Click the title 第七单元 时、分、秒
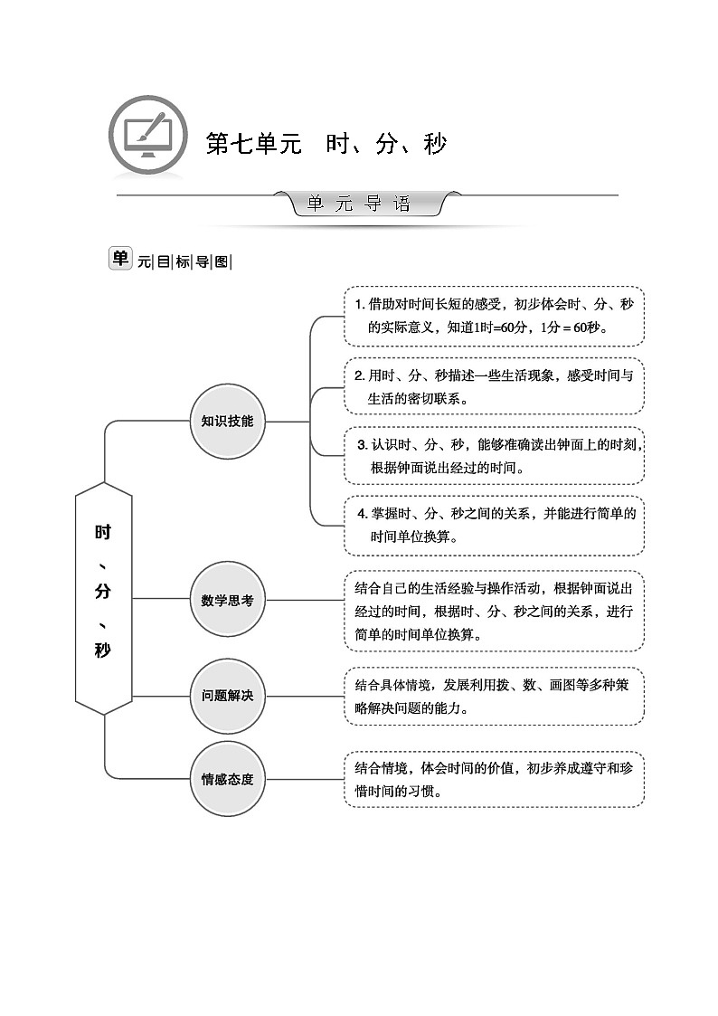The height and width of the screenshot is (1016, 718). [326, 144]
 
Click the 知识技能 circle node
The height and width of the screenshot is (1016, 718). [227, 421]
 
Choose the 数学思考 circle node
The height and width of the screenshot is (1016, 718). [227, 599]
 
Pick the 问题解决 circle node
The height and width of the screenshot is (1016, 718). [227, 696]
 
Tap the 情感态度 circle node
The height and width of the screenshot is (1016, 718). [227, 778]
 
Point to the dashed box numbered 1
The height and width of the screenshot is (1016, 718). [494, 316]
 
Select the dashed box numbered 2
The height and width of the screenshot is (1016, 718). [494, 386]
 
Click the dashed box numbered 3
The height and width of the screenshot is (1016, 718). [494, 456]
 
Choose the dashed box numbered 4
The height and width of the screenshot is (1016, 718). [494, 525]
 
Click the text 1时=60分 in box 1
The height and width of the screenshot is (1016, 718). [503, 328]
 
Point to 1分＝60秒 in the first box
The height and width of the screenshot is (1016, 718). [573, 328]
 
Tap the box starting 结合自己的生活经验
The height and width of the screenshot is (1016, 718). [494, 611]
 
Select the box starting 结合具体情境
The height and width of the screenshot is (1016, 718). [494, 696]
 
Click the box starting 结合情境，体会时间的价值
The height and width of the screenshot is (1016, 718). [494, 779]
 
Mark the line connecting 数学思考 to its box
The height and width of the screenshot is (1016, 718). [305, 599]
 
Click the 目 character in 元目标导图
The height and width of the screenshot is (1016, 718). [163, 262]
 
